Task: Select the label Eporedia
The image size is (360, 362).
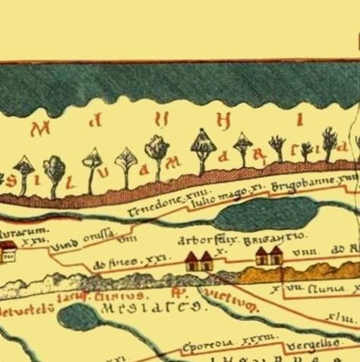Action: [x=207, y=347]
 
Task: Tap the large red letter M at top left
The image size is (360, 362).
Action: [x=42, y=129]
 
